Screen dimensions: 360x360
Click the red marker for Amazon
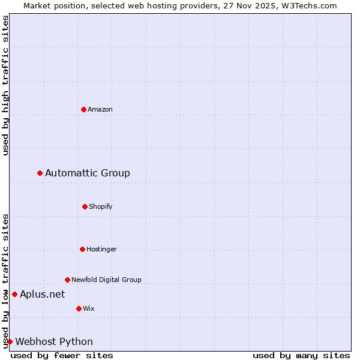tap(83, 109)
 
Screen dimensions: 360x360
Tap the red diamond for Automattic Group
tap(40, 173)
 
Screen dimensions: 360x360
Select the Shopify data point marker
tap(85, 206)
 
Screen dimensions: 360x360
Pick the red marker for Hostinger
tap(82, 249)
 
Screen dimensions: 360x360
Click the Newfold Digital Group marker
tap(67, 280)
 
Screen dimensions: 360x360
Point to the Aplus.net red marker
tap(14, 294)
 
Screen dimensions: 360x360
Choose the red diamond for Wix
tap(79, 308)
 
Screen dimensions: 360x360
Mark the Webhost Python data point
tap(10, 341)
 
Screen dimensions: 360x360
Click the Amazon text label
tap(100, 109)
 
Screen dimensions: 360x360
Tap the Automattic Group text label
tap(88, 173)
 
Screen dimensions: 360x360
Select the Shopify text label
tap(101, 206)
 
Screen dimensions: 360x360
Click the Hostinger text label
tap(102, 249)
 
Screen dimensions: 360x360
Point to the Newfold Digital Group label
tap(107, 280)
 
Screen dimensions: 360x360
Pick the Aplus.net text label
tap(43, 294)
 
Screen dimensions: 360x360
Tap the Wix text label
tap(89, 308)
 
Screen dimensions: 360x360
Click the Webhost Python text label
tap(54, 341)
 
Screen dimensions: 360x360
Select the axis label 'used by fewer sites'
tap(62, 355)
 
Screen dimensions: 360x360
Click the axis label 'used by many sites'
tap(301, 355)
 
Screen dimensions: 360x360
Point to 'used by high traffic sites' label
tap(5, 85)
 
